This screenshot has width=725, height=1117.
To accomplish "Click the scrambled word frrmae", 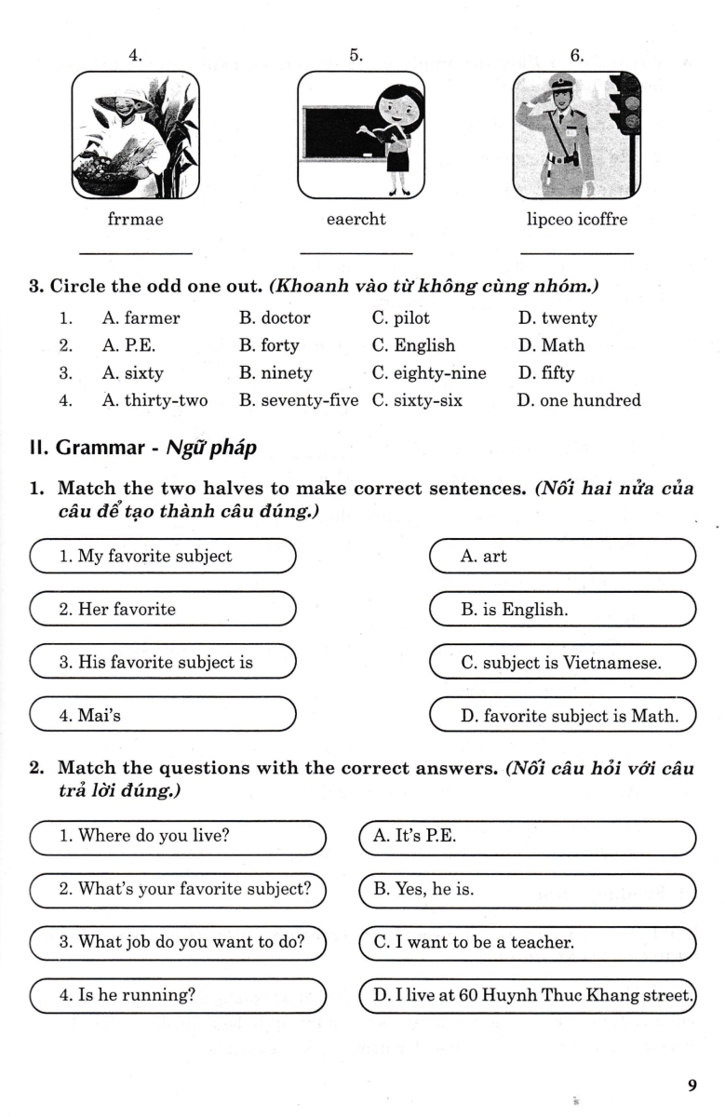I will click(135, 220).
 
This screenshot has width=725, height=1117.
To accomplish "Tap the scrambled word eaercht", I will click(356, 220).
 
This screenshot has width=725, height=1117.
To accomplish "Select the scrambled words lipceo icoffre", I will click(577, 220).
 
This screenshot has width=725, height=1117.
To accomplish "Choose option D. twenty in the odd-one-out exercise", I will click(557, 317).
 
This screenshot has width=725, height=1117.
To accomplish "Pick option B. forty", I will click(269, 345).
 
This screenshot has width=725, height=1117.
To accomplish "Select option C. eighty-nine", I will click(428, 373).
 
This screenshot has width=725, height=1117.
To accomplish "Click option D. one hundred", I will click(579, 401).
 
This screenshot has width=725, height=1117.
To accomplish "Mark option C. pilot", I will click(400, 317).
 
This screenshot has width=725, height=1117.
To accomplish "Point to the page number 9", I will click(691, 1085).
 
